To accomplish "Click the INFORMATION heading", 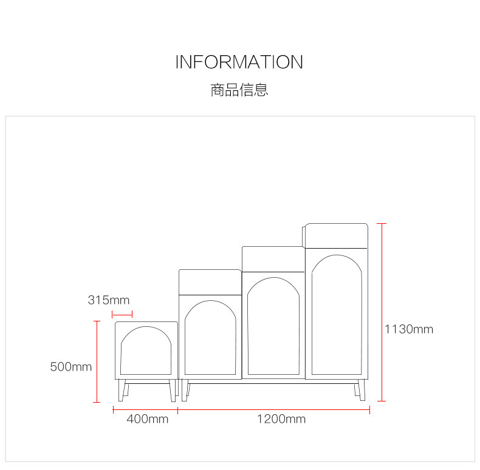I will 239,62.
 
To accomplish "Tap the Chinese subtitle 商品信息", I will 239,90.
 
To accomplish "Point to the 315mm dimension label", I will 109,300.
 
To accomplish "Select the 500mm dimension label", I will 71,366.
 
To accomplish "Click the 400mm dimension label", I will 148,419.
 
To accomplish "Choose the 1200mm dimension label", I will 281,419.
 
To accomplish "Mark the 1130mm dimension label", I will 409,329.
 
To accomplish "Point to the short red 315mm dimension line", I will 122,314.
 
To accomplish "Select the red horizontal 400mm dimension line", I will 145,410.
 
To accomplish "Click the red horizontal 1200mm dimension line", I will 274,410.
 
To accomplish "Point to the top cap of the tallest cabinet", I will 337,235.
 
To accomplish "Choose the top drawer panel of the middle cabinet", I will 273,259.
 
